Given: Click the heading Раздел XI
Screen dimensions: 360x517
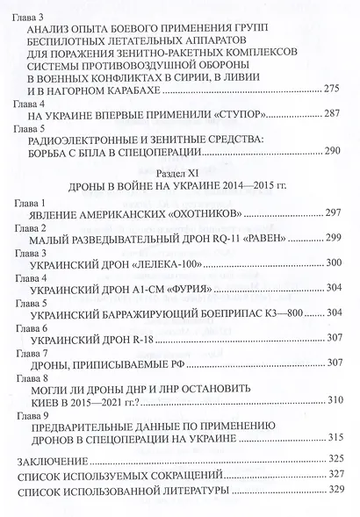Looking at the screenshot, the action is [179, 175].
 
